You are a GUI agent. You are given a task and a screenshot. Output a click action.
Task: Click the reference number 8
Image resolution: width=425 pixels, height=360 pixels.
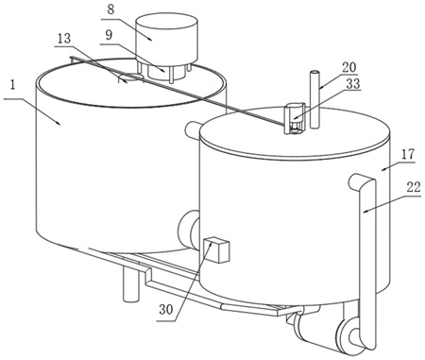coord(110,9)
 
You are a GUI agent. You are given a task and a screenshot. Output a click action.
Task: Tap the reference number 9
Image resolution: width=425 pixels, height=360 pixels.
coord(109,35)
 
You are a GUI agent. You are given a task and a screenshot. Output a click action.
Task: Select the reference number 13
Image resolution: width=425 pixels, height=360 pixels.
coord(64,39)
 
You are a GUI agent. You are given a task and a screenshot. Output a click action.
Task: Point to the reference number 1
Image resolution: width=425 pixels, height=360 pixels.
coord(12,85)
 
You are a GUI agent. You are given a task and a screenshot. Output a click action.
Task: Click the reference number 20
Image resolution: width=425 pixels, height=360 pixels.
coord(348,67)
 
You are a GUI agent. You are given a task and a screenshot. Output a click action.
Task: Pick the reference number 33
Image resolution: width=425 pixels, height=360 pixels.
coord(353,84)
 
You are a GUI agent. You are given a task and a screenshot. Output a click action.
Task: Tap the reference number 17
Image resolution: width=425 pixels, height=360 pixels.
coord(408,154)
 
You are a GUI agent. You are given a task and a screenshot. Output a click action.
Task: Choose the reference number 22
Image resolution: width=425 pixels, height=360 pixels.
coord(414,187)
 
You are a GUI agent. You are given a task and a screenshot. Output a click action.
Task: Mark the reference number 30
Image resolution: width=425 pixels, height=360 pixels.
coord(166,310)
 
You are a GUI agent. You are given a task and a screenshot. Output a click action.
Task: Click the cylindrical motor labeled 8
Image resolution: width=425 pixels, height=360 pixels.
coord(166,38)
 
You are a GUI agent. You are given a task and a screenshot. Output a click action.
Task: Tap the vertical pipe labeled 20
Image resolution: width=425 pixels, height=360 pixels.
coord(314,99)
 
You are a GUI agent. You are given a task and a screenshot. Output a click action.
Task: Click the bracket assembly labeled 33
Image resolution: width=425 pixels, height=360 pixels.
coord(295,118)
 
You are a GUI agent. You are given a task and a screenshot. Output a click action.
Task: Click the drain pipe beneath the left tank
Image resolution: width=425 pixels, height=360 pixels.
coord(130,283)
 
